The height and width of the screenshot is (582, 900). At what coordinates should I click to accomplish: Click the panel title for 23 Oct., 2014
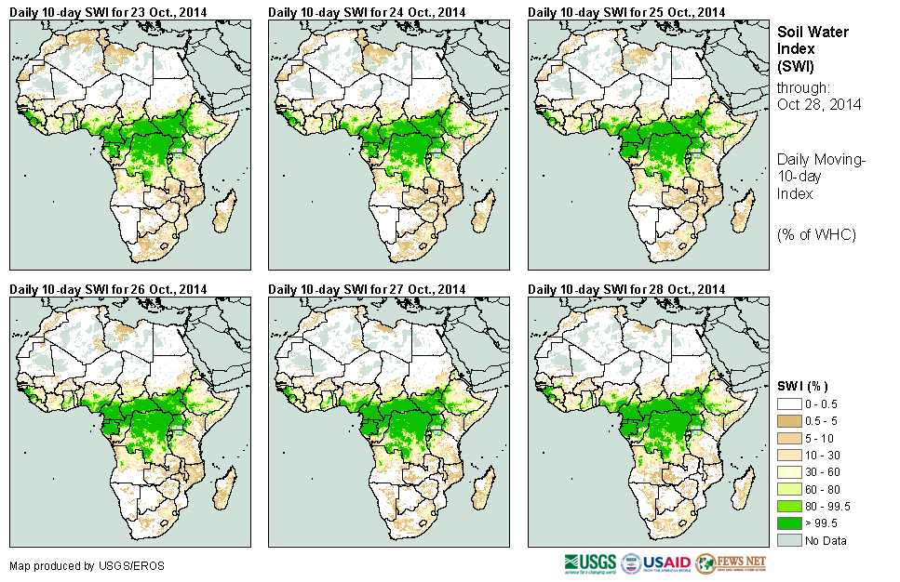(x=109, y=11)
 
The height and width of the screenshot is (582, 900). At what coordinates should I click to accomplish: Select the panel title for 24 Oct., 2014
(x=368, y=11)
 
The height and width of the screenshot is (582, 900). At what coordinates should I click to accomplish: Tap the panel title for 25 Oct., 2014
(x=626, y=11)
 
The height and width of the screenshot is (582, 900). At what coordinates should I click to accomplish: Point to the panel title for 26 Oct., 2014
(x=109, y=289)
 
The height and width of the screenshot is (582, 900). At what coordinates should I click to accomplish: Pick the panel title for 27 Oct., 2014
(x=368, y=289)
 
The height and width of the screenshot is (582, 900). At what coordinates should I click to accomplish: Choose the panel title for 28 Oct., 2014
(x=626, y=289)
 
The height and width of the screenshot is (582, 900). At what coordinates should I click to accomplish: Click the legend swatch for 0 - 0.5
(x=789, y=404)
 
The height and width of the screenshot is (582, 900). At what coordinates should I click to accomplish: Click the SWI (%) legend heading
(x=802, y=386)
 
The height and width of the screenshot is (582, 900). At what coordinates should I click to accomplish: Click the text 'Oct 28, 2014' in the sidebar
(x=819, y=104)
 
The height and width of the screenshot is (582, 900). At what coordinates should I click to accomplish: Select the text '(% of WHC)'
(x=816, y=234)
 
